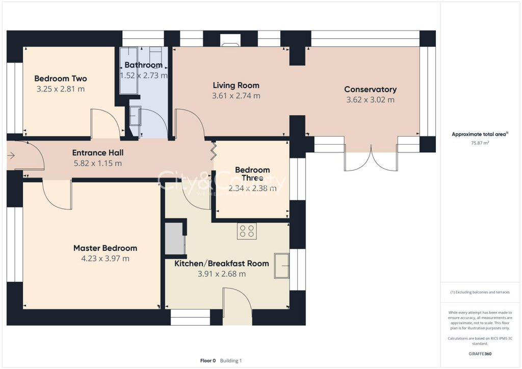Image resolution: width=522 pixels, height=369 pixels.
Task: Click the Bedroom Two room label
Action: click(x=61, y=78)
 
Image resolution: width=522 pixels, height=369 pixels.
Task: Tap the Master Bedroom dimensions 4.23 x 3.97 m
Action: click(x=105, y=258)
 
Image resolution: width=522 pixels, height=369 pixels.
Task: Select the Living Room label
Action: click(x=236, y=85)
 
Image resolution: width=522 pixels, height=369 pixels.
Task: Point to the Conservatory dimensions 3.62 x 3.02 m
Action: click(x=370, y=100)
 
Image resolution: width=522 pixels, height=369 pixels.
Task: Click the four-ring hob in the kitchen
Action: click(x=247, y=231)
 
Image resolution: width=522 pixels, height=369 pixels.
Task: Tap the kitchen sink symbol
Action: click(x=281, y=266)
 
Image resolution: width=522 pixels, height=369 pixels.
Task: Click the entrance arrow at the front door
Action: click(x=11, y=155)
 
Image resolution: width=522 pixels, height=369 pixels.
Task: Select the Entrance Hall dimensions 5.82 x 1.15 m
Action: click(x=97, y=164)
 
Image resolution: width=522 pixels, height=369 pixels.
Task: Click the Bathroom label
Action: click(x=143, y=65)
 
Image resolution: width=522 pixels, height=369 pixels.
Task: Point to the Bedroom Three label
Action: click(x=252, y=174)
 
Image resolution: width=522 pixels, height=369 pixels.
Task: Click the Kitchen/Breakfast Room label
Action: click(x=222, y=263)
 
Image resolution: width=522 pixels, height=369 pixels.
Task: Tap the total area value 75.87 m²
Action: click(x=480, y=143)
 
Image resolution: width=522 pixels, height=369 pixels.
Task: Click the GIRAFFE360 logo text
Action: click(x=480, y=354)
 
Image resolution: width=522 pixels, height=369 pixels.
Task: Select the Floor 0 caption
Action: click(x=208, y=361)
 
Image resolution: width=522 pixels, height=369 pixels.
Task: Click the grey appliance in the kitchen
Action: click(x=175, y=239)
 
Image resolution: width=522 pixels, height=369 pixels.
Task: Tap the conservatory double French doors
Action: click(x=371, y=159)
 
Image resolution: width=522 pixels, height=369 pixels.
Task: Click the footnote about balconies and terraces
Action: click(x=480, y=292)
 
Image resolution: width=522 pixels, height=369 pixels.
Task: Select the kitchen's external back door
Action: click(x=238, y=306)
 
